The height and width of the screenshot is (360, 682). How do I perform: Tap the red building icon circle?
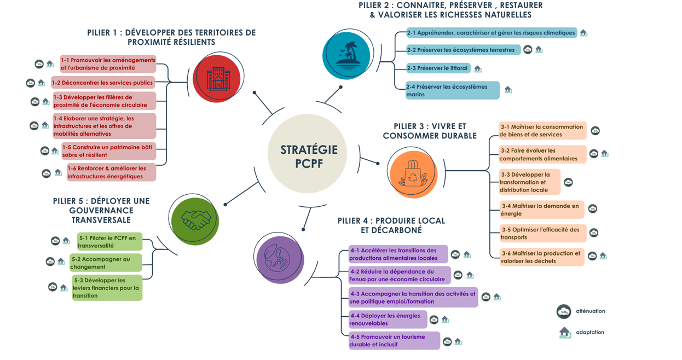(x=217, y=78)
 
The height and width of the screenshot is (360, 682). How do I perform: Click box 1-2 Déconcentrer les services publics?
(x=103, y=83)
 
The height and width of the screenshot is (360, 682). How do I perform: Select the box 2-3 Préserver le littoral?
(x=438, y=68)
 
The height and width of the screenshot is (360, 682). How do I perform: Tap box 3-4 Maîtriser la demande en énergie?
(x=542, y=210)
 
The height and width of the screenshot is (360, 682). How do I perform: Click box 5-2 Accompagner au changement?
(x=106, y=263)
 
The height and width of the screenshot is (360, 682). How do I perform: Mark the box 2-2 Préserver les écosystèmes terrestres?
(x=463, y=50)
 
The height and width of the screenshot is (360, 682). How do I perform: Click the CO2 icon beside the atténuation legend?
(x=563, y=311)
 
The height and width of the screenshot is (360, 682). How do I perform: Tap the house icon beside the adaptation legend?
(x=565, y=332)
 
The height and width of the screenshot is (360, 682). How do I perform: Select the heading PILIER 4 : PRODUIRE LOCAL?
(x=391, y=225)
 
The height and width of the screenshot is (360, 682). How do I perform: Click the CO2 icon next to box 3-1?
(x=595, y=131)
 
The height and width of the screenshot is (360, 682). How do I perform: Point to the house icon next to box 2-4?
(x=508, y=90)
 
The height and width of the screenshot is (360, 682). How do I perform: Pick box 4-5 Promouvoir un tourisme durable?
(x=394, y=340)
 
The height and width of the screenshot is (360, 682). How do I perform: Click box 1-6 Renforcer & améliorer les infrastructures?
(x=111, y=172)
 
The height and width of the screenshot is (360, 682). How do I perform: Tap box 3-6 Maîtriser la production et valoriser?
(x=542, y=257)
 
